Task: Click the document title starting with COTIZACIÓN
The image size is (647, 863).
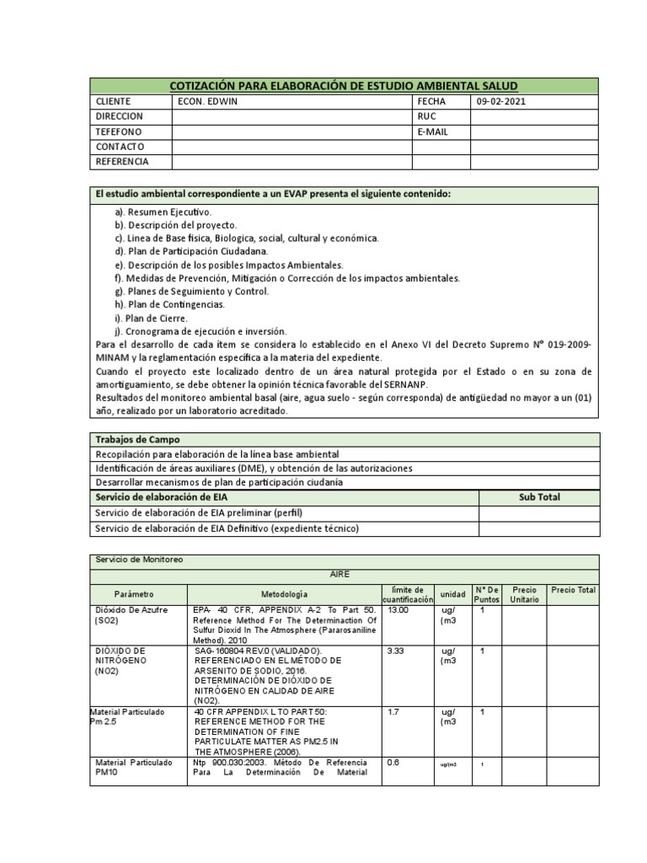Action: coord(344,86)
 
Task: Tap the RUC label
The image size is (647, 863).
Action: coord(425,116)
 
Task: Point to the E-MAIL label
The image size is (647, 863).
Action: coord(431,131)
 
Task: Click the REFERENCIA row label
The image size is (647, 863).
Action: coord(123,161)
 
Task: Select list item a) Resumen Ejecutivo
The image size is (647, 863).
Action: coord(164,212)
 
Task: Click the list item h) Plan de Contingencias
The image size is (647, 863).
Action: coord(170,304)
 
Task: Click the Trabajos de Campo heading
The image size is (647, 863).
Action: coord(137,440)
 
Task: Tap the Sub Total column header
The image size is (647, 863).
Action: coord(538,497)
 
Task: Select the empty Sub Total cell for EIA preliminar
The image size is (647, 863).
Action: coord(538,512)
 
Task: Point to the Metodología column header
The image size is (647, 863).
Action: coord(284,594)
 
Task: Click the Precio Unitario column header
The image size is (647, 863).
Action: coord(524,594)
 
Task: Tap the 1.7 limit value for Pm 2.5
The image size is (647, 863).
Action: coord(392,712)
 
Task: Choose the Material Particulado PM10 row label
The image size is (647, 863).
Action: coord(135,768)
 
